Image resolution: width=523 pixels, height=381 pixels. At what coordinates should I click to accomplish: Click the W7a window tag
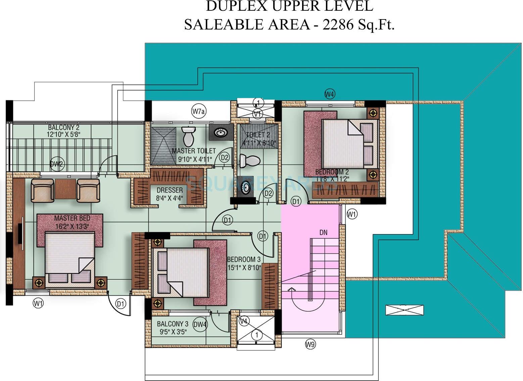(x=198, y=111)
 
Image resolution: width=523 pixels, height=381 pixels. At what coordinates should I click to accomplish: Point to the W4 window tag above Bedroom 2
(x=330, y=94)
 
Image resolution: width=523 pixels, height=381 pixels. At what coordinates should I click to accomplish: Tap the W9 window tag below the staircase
(x=310, y=343)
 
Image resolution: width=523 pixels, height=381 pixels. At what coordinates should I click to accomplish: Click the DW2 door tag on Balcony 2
(x=56, y=164)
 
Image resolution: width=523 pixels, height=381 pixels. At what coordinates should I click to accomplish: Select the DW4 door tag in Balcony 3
(x=200, y=324)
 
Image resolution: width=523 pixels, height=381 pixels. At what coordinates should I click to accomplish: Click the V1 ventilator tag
(x=257, y=114)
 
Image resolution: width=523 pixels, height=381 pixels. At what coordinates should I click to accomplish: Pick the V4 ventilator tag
(x=244, y=321)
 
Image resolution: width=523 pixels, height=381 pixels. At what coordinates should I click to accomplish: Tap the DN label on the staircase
(x=323, y=232)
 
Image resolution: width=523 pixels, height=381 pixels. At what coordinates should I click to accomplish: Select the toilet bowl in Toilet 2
(x=250, y=161)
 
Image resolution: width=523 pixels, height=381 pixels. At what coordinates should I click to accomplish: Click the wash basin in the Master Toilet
(x=221, y=132)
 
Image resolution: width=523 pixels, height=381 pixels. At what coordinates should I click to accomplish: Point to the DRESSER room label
(x=170, y=190)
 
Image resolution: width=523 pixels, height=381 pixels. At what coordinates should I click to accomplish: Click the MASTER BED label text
(x=72, y=218)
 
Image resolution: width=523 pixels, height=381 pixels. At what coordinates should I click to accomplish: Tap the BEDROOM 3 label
(x=244, y=259)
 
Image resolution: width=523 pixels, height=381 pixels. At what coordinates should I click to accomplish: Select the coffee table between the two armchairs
(x=65, y=189)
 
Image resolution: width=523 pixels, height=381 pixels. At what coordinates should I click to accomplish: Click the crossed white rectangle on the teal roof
(x=404, y=310)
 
